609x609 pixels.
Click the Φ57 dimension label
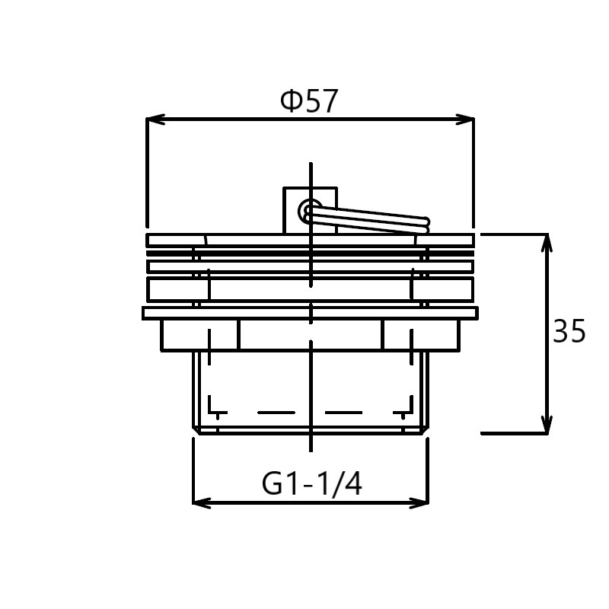[x=309, y=101]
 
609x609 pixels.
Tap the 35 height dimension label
[x=569, y=331]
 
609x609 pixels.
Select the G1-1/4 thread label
[x=312, y=483]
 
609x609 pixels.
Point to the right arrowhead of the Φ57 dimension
[x=464, y=120]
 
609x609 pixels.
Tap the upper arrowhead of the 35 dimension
[x=547, y=244]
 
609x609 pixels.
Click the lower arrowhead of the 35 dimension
[x=547, y=423]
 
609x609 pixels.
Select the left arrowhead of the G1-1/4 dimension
[x=202, y=503]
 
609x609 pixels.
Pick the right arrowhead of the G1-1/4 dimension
[x=419, y=503]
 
